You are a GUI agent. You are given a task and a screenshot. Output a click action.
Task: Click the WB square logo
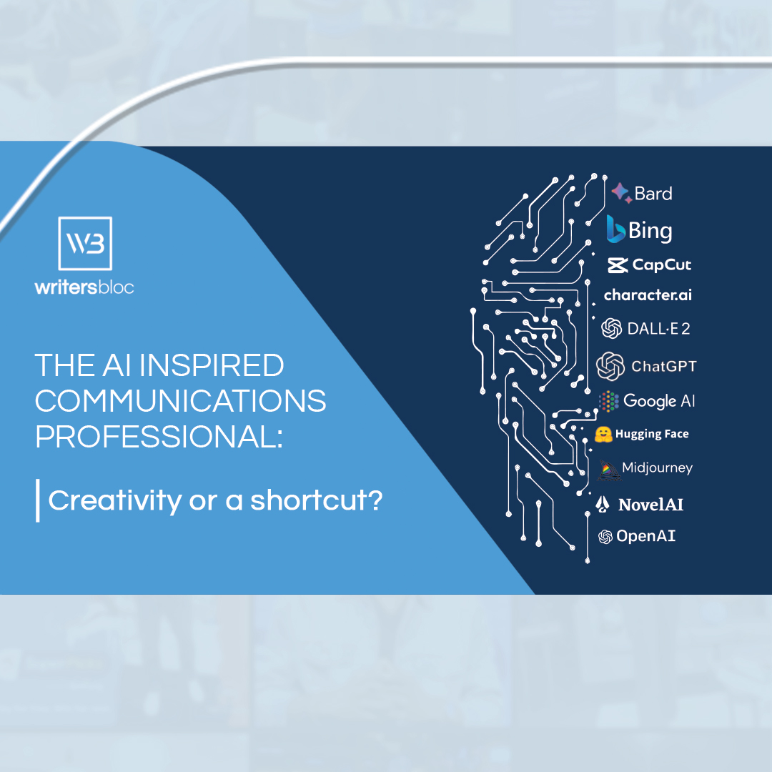(85, 243)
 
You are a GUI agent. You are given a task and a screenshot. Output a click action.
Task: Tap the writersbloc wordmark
(84, 287)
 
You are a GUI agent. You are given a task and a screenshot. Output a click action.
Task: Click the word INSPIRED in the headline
(212, 365)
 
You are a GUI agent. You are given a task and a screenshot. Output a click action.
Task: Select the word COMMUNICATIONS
(180, 401)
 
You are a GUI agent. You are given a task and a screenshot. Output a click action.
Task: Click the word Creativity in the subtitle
(114, 500)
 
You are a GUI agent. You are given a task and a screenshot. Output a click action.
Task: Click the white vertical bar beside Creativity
(38, 500)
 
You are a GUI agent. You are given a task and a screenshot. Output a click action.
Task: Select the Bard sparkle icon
(622, 192)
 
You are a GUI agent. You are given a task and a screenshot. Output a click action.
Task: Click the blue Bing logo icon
(615, 229)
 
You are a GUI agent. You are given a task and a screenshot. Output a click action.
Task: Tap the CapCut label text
(662, 265)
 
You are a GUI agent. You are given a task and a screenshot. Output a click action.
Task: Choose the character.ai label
(648, 295)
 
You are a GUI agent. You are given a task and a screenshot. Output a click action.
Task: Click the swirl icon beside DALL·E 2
(611, 328)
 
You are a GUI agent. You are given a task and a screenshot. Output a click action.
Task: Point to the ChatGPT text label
(664, 366)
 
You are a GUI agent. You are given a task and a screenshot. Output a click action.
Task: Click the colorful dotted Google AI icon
(608, 401)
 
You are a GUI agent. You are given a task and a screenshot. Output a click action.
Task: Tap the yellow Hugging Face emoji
(603, 435)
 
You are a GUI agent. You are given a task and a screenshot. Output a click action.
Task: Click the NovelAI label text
(651, 505)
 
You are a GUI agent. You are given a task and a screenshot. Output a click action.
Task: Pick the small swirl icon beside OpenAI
(605, 537)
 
